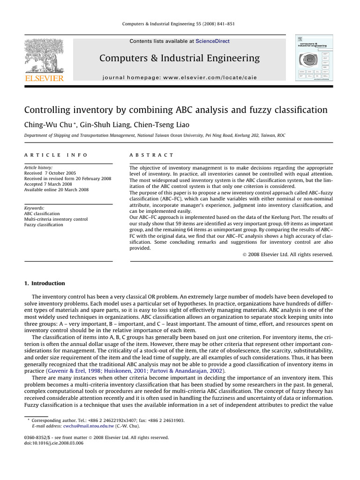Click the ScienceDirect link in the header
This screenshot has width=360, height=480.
212,41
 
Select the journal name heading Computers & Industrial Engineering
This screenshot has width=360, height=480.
180,58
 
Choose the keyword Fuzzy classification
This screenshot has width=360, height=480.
43,225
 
